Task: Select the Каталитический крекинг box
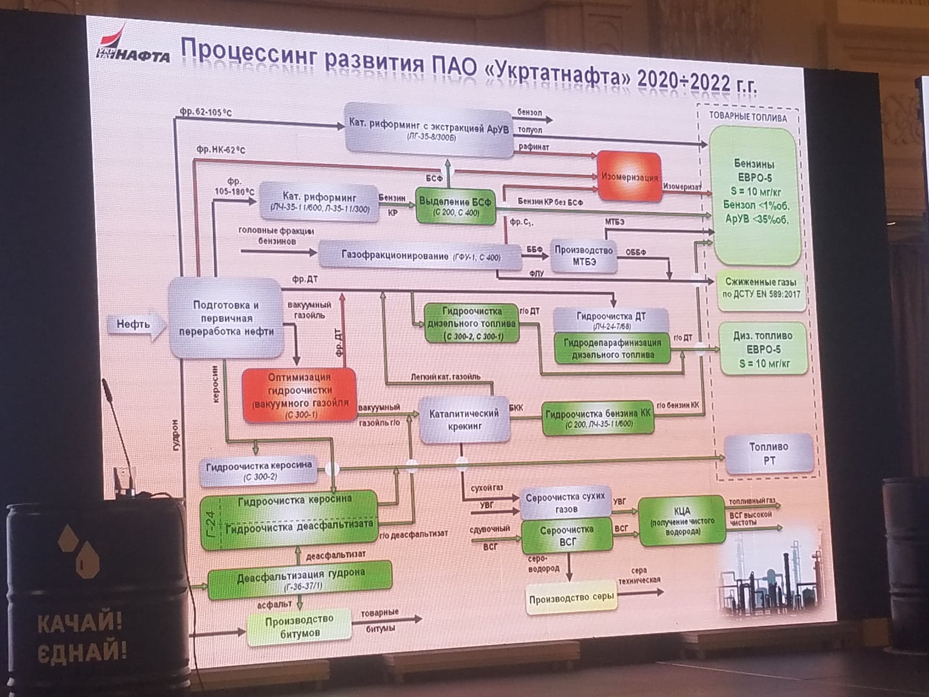[x=464, y=420]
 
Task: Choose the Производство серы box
[x=571, y=598]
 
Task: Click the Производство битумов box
[x=300, y=627]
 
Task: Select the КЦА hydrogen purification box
[x=682, y=520]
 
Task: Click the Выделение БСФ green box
[x=455, y=206]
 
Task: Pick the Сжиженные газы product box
[x=761, y=288]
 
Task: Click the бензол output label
[x=529, y=112]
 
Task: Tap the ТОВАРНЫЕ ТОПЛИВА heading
[x=747, y=117]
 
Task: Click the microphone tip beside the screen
[x=105, y=383]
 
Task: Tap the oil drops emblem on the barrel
[x=78, y=551]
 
